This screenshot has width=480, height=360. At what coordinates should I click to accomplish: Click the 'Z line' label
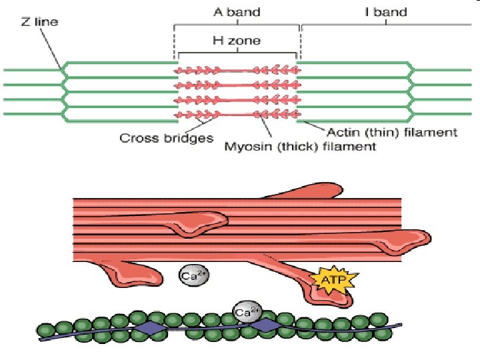(39, 22)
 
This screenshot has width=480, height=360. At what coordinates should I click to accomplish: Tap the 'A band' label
(236, 12)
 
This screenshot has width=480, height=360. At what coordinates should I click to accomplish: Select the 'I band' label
(386, 12)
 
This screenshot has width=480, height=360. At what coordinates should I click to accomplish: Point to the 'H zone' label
(236, 41)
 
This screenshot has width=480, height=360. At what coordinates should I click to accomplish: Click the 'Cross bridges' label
(166, 139)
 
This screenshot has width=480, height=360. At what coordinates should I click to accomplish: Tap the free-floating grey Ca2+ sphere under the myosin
(191, 275)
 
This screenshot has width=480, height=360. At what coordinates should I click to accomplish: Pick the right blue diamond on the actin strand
(266, 325)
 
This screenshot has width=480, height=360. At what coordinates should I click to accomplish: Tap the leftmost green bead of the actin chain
(45, 330)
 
